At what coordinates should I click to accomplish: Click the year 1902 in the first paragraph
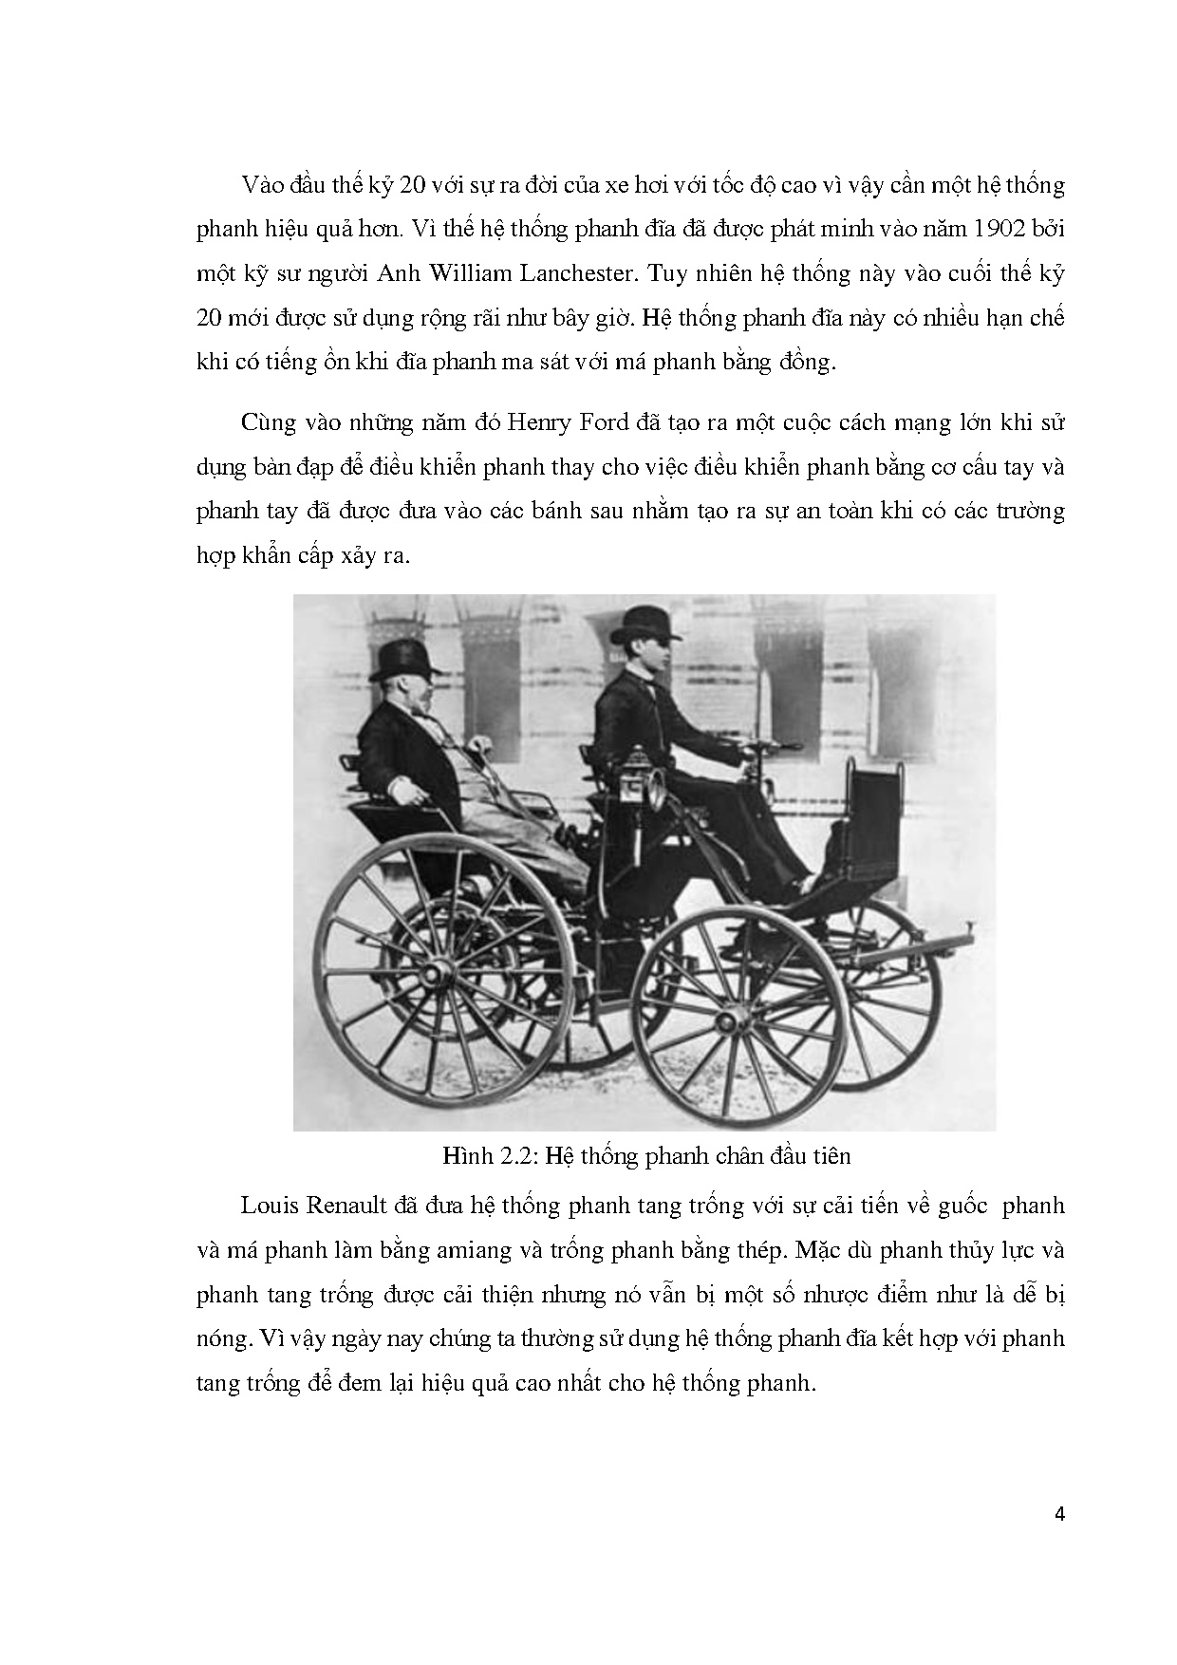click(x=997, y=229)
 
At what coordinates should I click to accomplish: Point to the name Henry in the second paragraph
click(x=536, y=422)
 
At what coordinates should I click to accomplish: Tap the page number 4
click(x=1059, y=1514)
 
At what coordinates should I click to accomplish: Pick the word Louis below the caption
click(x=269, y=1207)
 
